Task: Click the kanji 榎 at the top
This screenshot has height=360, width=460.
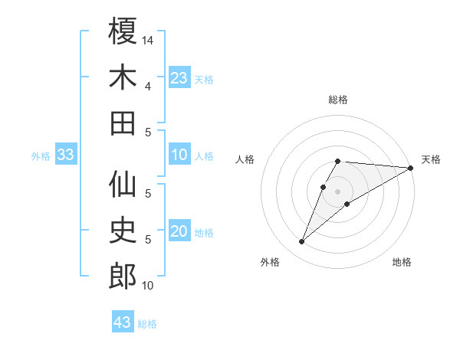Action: coord(123,32)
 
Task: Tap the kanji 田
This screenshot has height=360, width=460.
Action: coord(123,123)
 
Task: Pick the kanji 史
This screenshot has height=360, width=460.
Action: coord(123,231)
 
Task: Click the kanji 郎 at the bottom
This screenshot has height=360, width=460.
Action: coord(123,276)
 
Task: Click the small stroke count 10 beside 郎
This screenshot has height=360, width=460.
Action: coord(148,286)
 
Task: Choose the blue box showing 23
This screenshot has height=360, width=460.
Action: coord(179,77)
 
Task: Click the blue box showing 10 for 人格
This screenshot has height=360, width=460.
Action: coord(179,155)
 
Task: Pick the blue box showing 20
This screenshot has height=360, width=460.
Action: coord(179,231)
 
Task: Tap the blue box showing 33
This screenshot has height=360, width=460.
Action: coord(65,155)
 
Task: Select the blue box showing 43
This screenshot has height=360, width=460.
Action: coord(122,322)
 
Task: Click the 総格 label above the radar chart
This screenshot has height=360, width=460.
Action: coord(338,100)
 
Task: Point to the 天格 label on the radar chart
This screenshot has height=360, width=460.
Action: coord(431,159)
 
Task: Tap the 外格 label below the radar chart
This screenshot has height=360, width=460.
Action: coord(270,262)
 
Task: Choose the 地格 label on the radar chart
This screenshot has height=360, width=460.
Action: coord(402,262)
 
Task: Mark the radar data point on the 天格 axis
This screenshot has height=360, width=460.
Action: coord(411,169)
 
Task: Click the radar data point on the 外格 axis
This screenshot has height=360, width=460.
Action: coord(302,242)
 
